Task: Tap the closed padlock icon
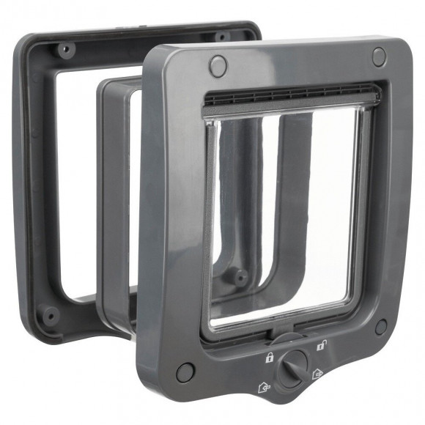(x=269, y=358)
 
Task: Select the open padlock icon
(x=320, y=346)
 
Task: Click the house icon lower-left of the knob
(x=263, y=385)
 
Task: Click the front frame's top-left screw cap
(x=218, y=66)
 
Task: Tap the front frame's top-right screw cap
(x=379, y=56)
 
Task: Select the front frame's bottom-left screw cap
(x=185, y=372)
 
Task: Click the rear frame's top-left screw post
(x=65, y=50)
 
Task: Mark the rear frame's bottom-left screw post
(x=50, y=316)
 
